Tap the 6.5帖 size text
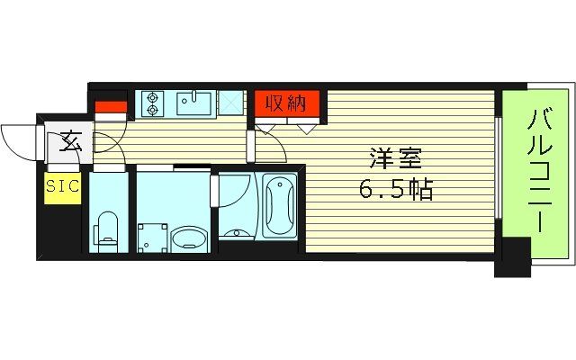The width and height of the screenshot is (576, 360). (x=396, y=190)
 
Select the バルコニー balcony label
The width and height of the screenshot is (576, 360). (x=538, y=172)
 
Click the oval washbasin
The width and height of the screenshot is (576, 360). (x=188, y=238)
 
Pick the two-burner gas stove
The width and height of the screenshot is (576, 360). (x=151, y=103)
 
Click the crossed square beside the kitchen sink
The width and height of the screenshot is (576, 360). (x=230, y=103)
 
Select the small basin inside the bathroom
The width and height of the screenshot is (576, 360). (x=237, y=233)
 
